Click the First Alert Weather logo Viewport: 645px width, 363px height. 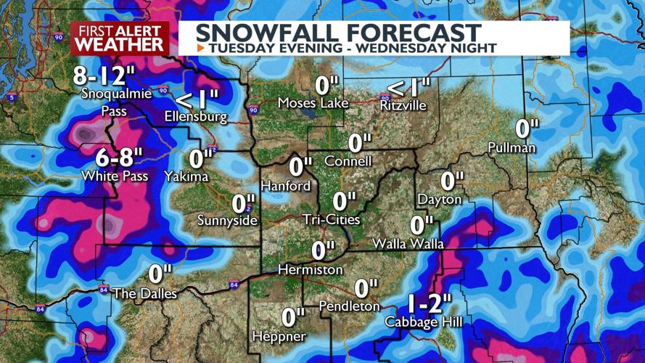tap(119, 38)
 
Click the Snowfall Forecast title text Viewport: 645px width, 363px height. tap(338, 32)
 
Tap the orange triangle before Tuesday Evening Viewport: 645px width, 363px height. tap(200, 48)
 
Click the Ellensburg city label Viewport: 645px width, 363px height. tap(196, 116)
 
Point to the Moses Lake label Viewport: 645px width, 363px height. tap(313, 104)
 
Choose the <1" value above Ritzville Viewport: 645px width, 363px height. tap(408, 88)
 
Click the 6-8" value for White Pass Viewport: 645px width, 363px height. tap(120, 157)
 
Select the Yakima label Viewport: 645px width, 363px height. tap(186, 176)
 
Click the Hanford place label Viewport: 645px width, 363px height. tap(286, 186)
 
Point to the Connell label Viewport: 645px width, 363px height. tap(348, 161)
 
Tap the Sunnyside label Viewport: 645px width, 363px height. tap(228, 221)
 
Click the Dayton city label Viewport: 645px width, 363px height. tap(440, 199)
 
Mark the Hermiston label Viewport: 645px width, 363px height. tap(311, 270)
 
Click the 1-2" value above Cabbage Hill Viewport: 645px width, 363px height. tap(428, 303)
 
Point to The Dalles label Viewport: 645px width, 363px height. tap(145, 293)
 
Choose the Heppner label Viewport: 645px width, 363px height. tap(279, 336)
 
